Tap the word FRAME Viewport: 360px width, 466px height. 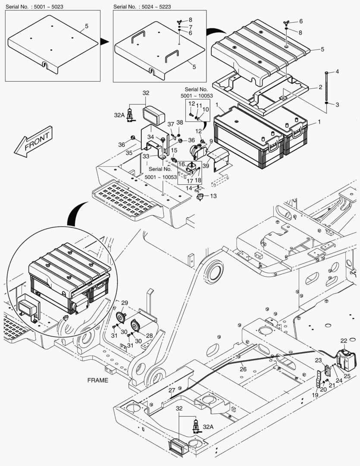[x=98, y=381]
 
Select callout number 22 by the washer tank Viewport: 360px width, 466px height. [x=344, y=341]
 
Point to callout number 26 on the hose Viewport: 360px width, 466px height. [x=243, y=369]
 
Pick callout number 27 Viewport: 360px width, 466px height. [x=172, y=390]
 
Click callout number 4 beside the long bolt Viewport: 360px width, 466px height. [x=337, y=72]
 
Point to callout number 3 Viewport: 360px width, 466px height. [x=337, y=105]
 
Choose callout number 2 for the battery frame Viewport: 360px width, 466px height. [x=320, y=87]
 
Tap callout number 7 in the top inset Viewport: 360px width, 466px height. [x=190, y=27]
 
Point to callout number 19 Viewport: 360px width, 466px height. [x=315, y=395]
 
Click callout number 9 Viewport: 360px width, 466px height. [x=211, y=141]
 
